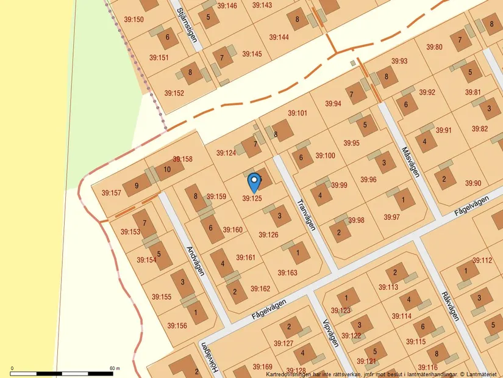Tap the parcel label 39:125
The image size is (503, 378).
coord(252,198)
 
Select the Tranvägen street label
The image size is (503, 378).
coord(306,213)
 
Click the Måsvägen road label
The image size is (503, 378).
coord(411,161)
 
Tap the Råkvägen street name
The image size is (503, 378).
coord(450,305)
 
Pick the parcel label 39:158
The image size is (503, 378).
coord(182,159)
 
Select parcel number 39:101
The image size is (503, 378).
coord(298,113)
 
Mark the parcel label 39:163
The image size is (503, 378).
coord(287,273)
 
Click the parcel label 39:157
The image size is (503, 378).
coord(112,193)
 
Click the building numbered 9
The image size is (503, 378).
coord(137,186)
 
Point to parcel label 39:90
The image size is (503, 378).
coord(473,183)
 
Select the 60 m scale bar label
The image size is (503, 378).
coord(115,368)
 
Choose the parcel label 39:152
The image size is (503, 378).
coord(174,93)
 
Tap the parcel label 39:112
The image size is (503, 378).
coord(482,260)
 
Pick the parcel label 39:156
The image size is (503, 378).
coord(177,325)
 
